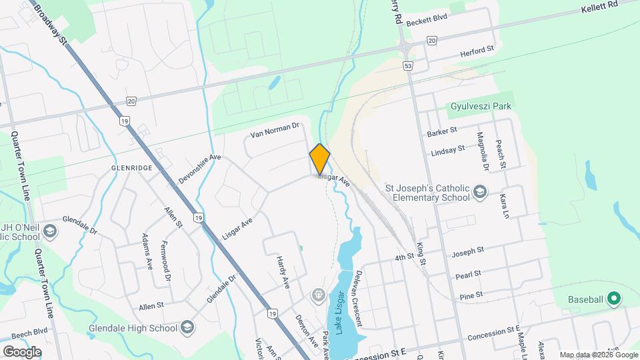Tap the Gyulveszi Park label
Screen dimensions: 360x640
[484, 107]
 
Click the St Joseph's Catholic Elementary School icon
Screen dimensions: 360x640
[479, 193]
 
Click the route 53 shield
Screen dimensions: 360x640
[408, 65]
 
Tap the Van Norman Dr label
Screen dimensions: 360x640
[275, 129]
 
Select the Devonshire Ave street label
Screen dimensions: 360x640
[199, 168]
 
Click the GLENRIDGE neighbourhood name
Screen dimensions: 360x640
[132, 167]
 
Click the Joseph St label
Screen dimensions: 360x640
[467, 251]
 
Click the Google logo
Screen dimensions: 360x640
[22, 351]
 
